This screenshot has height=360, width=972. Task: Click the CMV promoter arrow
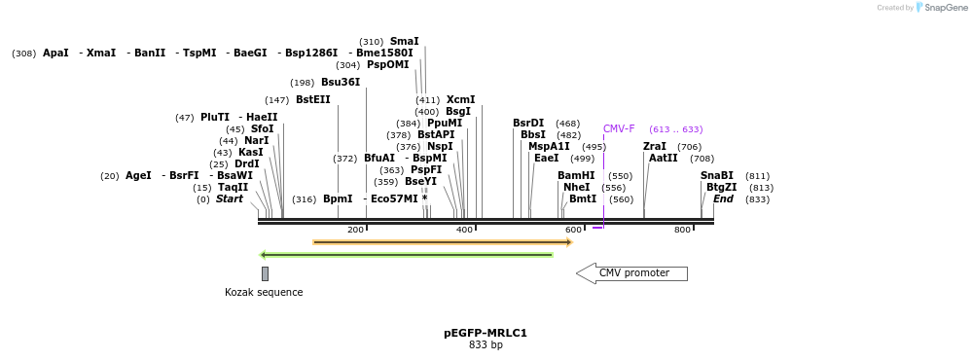pyautogui.click(x=632, y=273)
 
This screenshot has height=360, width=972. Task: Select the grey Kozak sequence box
pyautogui.click(x=265, y=273)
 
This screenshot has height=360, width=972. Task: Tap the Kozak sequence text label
pyautogui.click(x=264, y=292)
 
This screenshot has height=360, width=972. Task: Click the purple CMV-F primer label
pyautogui.click(x=619, y=129)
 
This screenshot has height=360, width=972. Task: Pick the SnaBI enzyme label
pyautogui.click(x=717, y=176)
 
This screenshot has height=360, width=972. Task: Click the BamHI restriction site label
pyautogui.click(x=576, y=176)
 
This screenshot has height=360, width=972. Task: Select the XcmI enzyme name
pyautogui.click(x=460, y=100)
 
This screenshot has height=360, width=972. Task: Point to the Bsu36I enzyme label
pyautogui.click(x=341, y=83)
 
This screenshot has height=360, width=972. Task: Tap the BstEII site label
pyautogui.click(x=312, y=100)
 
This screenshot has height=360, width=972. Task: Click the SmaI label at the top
pyautogui.click(x=404, y=42)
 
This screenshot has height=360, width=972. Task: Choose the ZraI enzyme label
pyautogui.click(x=655, y=147)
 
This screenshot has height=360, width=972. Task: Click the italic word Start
pyautogui.click(x=230, y=199)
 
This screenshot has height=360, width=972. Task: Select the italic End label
pyautogui.click(x=723, y=199)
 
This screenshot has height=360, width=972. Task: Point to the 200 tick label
pyautogui.click(x=355, y=230)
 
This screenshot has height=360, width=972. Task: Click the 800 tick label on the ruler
pyautogui.click(x=682, y=230)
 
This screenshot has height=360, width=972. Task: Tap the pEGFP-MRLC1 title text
pyautogui.click(x=486, y=333)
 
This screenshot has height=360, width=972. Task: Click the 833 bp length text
pyautogui.click(x=486, y=345)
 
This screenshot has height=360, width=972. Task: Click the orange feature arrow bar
pyautogui.click(x=443, y=242)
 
